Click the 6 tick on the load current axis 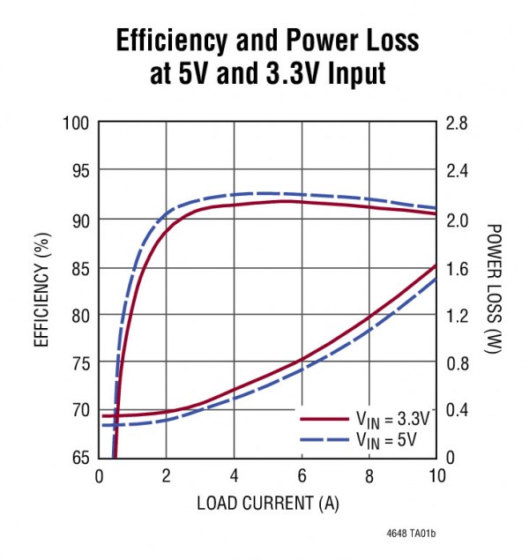pyautogui.click(x=302, y=476)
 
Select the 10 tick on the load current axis pyautogui.click(x=436, y=476)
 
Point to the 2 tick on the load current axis pyautogui.click(x=166, y=476)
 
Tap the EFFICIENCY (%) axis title pyautogui.click(x=41, y=289)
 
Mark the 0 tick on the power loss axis pyautogui.click(x=451, y=458)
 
